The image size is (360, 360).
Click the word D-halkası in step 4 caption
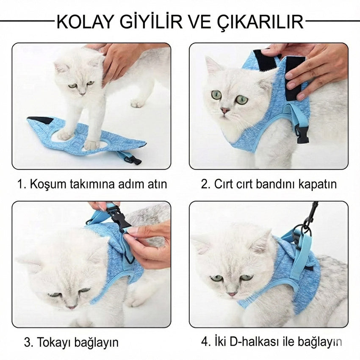point(244,341)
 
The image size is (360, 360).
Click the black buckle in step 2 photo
point(302,135)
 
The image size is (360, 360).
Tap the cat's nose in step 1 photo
point(82,92)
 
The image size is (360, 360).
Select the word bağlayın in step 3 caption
point(99,342)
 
